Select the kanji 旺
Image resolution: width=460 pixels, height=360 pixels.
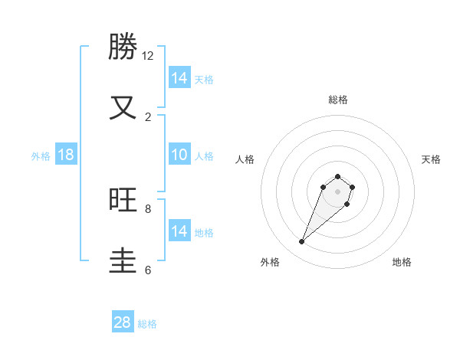(x=123, y=200)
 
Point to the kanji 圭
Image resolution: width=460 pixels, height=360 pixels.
(x=123, y=260)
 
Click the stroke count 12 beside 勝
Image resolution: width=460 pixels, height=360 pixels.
(x=148, y=56)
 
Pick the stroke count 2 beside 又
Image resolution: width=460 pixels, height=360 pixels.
(x=148, y=116)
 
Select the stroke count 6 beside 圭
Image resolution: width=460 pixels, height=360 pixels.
(x=148, y=270)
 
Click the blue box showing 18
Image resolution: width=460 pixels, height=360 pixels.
(x=66, y=155)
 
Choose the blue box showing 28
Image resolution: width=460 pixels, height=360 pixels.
(x=123, y=322)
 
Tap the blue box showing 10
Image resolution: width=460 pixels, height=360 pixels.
(x=179, y=155)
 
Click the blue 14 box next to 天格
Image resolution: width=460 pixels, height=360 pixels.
(x=179, y=78)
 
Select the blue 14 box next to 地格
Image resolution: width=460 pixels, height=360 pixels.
(x=179, y=232)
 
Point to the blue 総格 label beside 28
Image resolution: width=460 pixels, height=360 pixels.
(x=147, y=324)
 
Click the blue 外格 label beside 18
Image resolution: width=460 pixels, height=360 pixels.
(x=41, y=156)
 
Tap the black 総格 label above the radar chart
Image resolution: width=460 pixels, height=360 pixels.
(x=338, y=100)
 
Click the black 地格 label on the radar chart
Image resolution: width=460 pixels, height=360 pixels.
(x=402, y=262)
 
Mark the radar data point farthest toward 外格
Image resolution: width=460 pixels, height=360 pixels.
(x=302, y=242)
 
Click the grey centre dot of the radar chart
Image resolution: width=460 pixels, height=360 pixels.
(x=338, y=191)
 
